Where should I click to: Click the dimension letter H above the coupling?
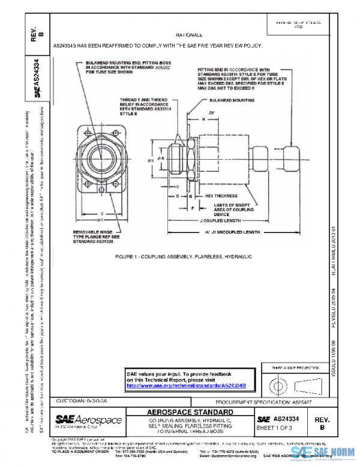click(203, 120)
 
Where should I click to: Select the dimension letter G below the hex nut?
click(190, 196)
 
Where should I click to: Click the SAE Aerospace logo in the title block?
click(88, 420)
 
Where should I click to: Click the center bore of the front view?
click(105, 148)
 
